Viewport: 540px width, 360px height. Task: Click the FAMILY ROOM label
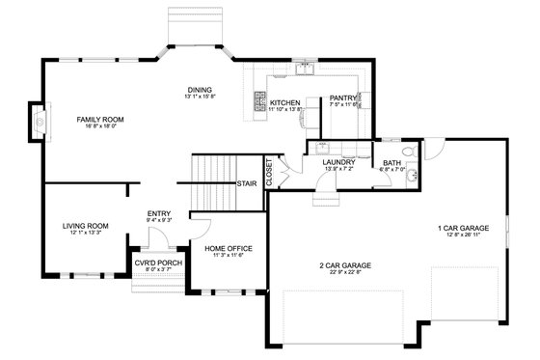pos(100,120)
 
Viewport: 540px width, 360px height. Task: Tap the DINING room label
pos(200,91)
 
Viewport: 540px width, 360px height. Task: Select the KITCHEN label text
pos(284,102)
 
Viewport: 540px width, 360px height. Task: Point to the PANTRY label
pos(343,97)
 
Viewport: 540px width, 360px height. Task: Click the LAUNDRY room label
pos(338,162)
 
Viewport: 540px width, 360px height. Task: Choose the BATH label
pos(391,163)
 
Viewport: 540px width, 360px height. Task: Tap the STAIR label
pos(246,183)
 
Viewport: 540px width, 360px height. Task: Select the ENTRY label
pos(158,213)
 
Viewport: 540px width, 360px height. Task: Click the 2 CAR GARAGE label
pos(346,264)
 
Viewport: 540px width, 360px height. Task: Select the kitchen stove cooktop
pos(258,100)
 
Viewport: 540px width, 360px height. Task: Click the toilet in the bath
pos(409,152)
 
